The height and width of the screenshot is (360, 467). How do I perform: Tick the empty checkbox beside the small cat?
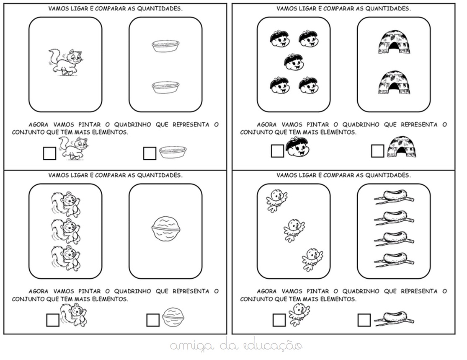(x=49, y=153)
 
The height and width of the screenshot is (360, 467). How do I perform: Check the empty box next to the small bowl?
(x=150, y=153)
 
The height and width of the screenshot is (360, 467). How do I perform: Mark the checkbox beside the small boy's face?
(x=278, y=151)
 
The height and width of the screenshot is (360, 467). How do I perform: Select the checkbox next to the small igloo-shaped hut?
(x=378, y=151)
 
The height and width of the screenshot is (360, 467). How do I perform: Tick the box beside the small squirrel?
(x=53, y=320)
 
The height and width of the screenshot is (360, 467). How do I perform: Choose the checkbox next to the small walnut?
(x=153, y=320)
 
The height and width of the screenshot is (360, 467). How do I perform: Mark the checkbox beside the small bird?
(x=279, y=320)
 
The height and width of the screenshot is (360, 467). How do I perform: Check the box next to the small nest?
(x=364, y=320)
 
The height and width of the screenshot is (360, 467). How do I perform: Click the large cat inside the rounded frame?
(x=65, y=62)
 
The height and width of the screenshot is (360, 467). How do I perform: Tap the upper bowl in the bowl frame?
(x=165, y=46)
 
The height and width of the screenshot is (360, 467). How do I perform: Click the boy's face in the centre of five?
(x=294, y=62)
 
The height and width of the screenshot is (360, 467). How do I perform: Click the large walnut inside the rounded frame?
(x=165, y=229)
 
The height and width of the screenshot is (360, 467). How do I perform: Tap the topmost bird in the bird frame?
(x=277, y=200)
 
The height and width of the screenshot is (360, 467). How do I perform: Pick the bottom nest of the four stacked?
(x=394, y=260)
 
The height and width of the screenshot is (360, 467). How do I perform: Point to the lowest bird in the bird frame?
(x=312, y=259)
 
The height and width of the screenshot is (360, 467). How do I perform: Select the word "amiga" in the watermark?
(x=192, y=347)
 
